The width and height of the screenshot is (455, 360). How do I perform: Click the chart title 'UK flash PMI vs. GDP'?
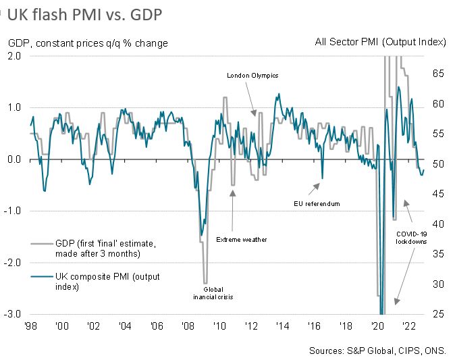click(x=84, y=14)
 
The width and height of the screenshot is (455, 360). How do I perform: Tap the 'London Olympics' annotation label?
click(x=252, y=76)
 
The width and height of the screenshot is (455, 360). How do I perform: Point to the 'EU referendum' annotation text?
click(x=317, y=203)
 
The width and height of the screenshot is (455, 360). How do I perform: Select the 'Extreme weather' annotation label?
click(x=241, y=239)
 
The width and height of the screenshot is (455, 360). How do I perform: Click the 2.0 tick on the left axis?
click(x=15, y=56)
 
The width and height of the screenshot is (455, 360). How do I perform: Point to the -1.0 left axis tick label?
click(x=14, y=211)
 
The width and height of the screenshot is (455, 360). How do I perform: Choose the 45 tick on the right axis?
click(x=437, y=194)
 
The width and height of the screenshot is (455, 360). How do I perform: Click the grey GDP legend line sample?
click(x=42, y=243)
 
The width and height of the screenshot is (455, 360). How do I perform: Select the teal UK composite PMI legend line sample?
click(x=42, y=276)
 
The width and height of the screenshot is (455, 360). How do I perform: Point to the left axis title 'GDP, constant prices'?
click(x=88, y=43)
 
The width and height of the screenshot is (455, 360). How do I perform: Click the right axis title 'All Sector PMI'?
click(x=381, y=43)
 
